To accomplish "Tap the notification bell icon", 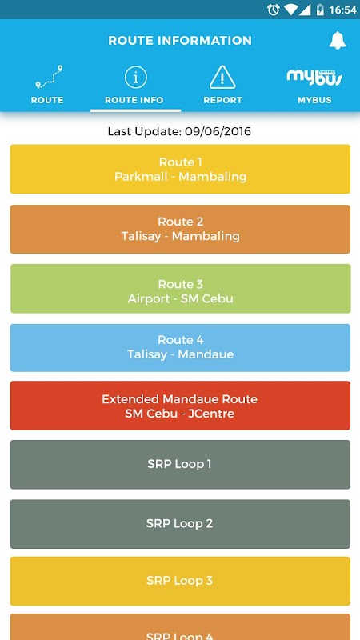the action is tap(338, 41).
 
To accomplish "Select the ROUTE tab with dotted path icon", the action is tap(47, 86).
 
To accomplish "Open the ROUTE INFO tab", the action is tap(134, 86).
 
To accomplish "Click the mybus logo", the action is tap(314, 78).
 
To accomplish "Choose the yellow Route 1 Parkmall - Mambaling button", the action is tap(180, 169).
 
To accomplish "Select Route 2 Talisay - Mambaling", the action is tap(180, 229).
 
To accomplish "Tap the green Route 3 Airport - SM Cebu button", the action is tap(180, 289).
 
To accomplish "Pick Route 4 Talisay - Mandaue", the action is tap(180, 348).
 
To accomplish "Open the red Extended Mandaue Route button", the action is tap(180, 406).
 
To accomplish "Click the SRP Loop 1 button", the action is tap(180, 465).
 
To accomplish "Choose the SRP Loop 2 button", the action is tap(180, 524).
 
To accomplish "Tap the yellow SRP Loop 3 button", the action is tap(180, 582).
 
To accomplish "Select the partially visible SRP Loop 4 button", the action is tap(180, 627).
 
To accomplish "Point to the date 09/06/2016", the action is tap(218, 131).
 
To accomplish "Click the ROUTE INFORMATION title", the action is tap(180, 41).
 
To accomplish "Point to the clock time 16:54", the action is tap(342, 10).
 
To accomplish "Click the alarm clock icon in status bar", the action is tap(273, 10).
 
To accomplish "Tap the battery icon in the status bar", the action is tap(321, 10).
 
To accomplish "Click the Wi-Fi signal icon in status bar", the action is tap(291, 10).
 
